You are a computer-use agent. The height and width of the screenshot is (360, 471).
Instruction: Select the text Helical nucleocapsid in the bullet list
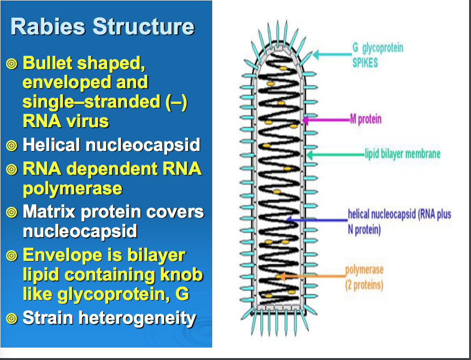[111, 145]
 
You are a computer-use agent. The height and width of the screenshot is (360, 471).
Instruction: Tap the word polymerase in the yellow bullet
[72, 189]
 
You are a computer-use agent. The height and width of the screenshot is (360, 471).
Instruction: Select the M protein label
[365, 119]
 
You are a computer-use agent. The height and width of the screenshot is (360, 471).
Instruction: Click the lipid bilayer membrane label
[402, 154]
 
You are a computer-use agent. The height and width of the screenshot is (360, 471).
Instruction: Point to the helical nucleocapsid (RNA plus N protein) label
[399, 221]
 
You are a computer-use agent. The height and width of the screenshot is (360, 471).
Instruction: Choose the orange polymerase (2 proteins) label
[364, 277]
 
